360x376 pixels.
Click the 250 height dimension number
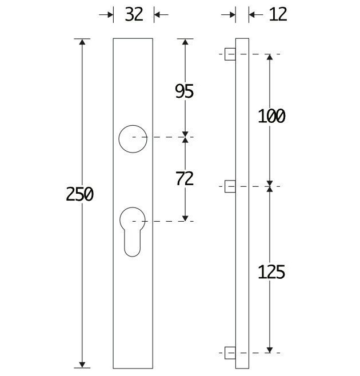pos(79,194)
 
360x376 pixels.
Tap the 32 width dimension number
pos(134,14)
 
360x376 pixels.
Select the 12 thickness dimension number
pos(278,14)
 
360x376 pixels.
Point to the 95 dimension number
pos(184,91)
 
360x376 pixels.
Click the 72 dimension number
pos(185,179)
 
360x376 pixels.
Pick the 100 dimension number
pos(271,116)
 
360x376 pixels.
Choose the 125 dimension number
pos(271,272)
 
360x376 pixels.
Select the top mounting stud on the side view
pos(230,54)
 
